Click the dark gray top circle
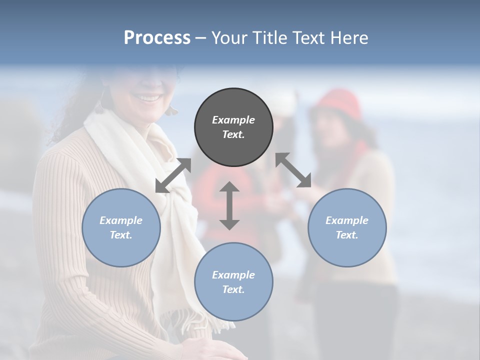[x=233, y=127]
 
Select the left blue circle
[x=121, y=227]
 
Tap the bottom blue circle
[x=233, y=282]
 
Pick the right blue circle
[x=346, y=227]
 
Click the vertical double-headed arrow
[x=229, y=205]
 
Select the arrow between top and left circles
[x=173, y=175]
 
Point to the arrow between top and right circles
[x=293, y=170]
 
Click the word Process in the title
[x=157, y=37]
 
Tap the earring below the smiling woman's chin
[x=172, y=109]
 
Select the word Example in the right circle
[x=346, y=220]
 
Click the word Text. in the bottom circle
[x=233, y=289]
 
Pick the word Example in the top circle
[x=233, y=120]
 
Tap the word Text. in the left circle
[x=121, y=235]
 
